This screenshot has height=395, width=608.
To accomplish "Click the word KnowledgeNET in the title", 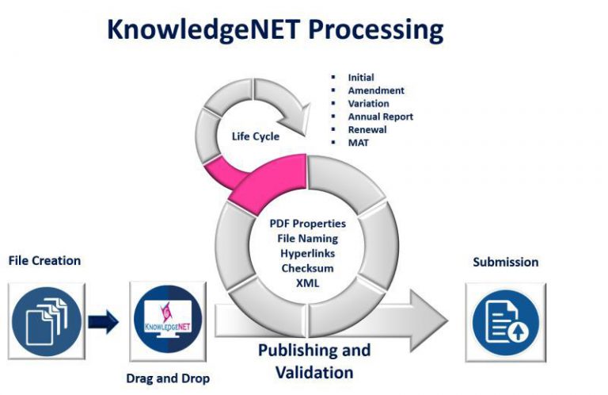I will (203, 30).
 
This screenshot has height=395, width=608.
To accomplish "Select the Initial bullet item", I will (361, 78).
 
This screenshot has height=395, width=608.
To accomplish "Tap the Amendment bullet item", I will (376, 90).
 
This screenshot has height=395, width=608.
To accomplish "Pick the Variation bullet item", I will (368, 103).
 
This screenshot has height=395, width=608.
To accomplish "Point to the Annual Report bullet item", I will (380, 117).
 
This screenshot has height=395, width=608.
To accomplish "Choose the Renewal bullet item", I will (367, 129).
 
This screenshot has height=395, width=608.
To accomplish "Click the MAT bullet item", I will (358, 142).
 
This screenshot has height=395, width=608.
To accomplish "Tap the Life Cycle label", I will (255, 136).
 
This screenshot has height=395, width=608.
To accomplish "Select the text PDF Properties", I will (306, 224).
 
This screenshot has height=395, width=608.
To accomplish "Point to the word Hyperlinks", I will (306, 253).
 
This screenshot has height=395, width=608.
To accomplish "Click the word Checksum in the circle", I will (306, 268).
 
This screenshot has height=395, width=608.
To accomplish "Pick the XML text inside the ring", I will (306, 283).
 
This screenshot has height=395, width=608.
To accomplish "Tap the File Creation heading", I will (44, 260).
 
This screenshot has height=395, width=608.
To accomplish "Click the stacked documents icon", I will (47, 320).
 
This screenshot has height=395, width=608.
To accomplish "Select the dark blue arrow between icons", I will (103, 321).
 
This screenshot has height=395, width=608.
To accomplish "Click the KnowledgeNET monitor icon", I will (167, 320).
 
